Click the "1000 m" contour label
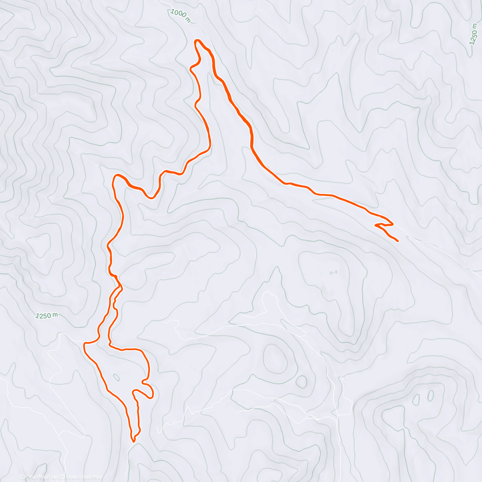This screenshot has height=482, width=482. [x=180, y=16]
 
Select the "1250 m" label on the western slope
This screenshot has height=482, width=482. [x=47, y=316]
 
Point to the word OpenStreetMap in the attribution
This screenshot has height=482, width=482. [x=86, y=477]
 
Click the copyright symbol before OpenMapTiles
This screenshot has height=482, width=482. [x=22, y=477]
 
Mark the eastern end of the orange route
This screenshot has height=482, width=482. [x=398, y=241]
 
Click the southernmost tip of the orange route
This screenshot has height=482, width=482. [x=133, y=441]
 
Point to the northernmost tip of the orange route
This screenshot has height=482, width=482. [x=197, y=40]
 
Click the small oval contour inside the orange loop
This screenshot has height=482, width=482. [x=116, y=377]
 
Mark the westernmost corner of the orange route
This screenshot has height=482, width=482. [x=84, y=344]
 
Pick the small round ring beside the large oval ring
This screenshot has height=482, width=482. [x=301, y=382]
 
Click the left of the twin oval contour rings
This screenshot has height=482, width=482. [x=416, y=399]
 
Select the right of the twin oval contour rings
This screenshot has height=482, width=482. [x=431, y=395]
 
